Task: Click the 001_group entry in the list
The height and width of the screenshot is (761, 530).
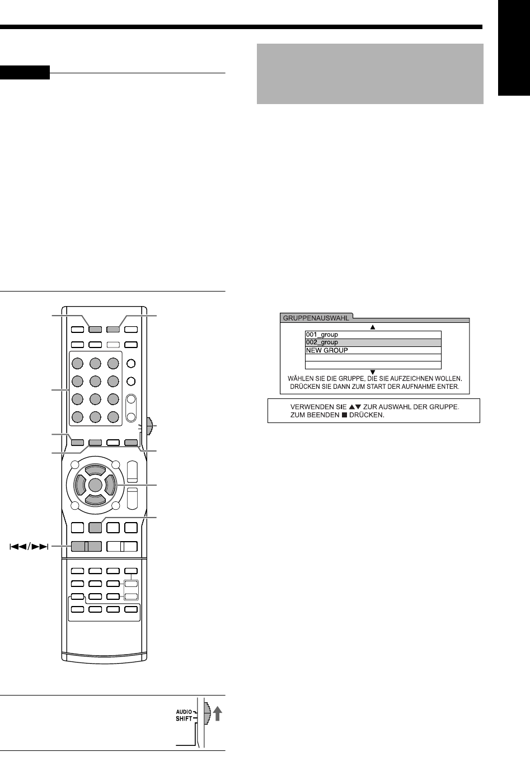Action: point(322,335)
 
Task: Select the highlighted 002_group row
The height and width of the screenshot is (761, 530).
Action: point(322,342)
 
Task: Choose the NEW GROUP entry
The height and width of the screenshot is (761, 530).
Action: point(327,350)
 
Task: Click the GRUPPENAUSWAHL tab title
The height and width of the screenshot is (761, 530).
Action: point(315,318)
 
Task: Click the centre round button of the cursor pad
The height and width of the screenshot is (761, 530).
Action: point(95,484)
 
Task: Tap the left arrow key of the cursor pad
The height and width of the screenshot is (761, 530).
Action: point(78,484)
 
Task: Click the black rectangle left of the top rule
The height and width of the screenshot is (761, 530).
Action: point(25,73)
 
